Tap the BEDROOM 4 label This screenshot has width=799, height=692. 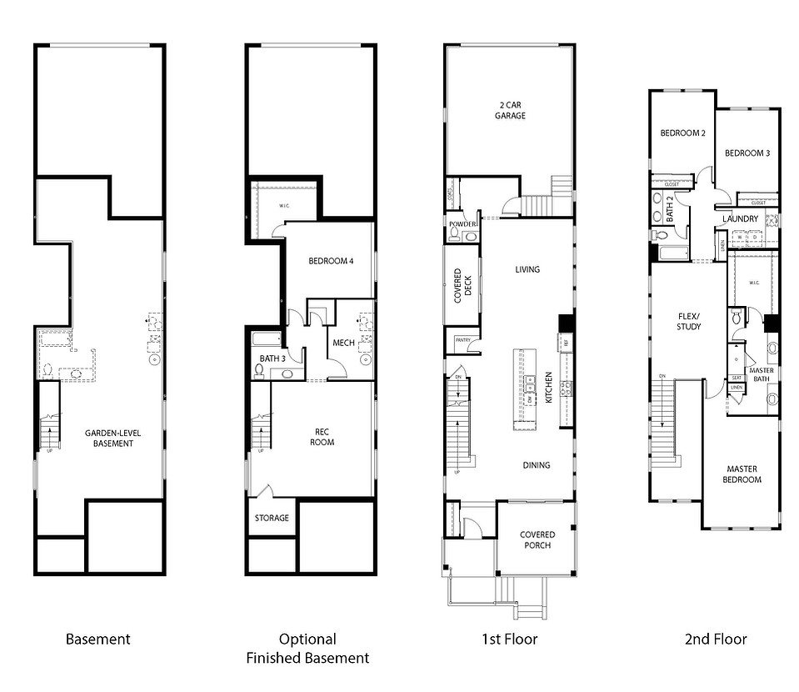pyautogui.click(x=331, y=261)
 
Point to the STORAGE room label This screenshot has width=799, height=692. pyautogui.click(x=272, y=518)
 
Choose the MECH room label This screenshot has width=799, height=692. pyautogui.click(x=343, y=342)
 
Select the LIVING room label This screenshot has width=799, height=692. pyautogui.click(x=527, y=269)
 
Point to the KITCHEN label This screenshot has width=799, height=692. pyautogui.click(x=549, y=388)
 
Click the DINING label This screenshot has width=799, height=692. pyautogui.click(x=536, y=465)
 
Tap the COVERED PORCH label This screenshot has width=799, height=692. pyautogui.click(x=537, y=540)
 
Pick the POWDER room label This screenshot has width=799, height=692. pyautogui.click(x=462, y=224)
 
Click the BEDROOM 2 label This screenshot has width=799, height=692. pyautogui.click(x=683, y=133)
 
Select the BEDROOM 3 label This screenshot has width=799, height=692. pyautogui.click(x=747, y=153)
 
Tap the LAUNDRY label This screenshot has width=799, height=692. pyautogui.click(x=741, y=219)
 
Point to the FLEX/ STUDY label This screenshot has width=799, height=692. pyautogui.click(x=688, y=321)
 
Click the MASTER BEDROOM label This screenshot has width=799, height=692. pyautogui.click(x=742, y=474)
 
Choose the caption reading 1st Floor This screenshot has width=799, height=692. pyautogui.click(x=509, y=639)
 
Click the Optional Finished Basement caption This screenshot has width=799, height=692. pyautogui.click(x=307, y=649)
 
